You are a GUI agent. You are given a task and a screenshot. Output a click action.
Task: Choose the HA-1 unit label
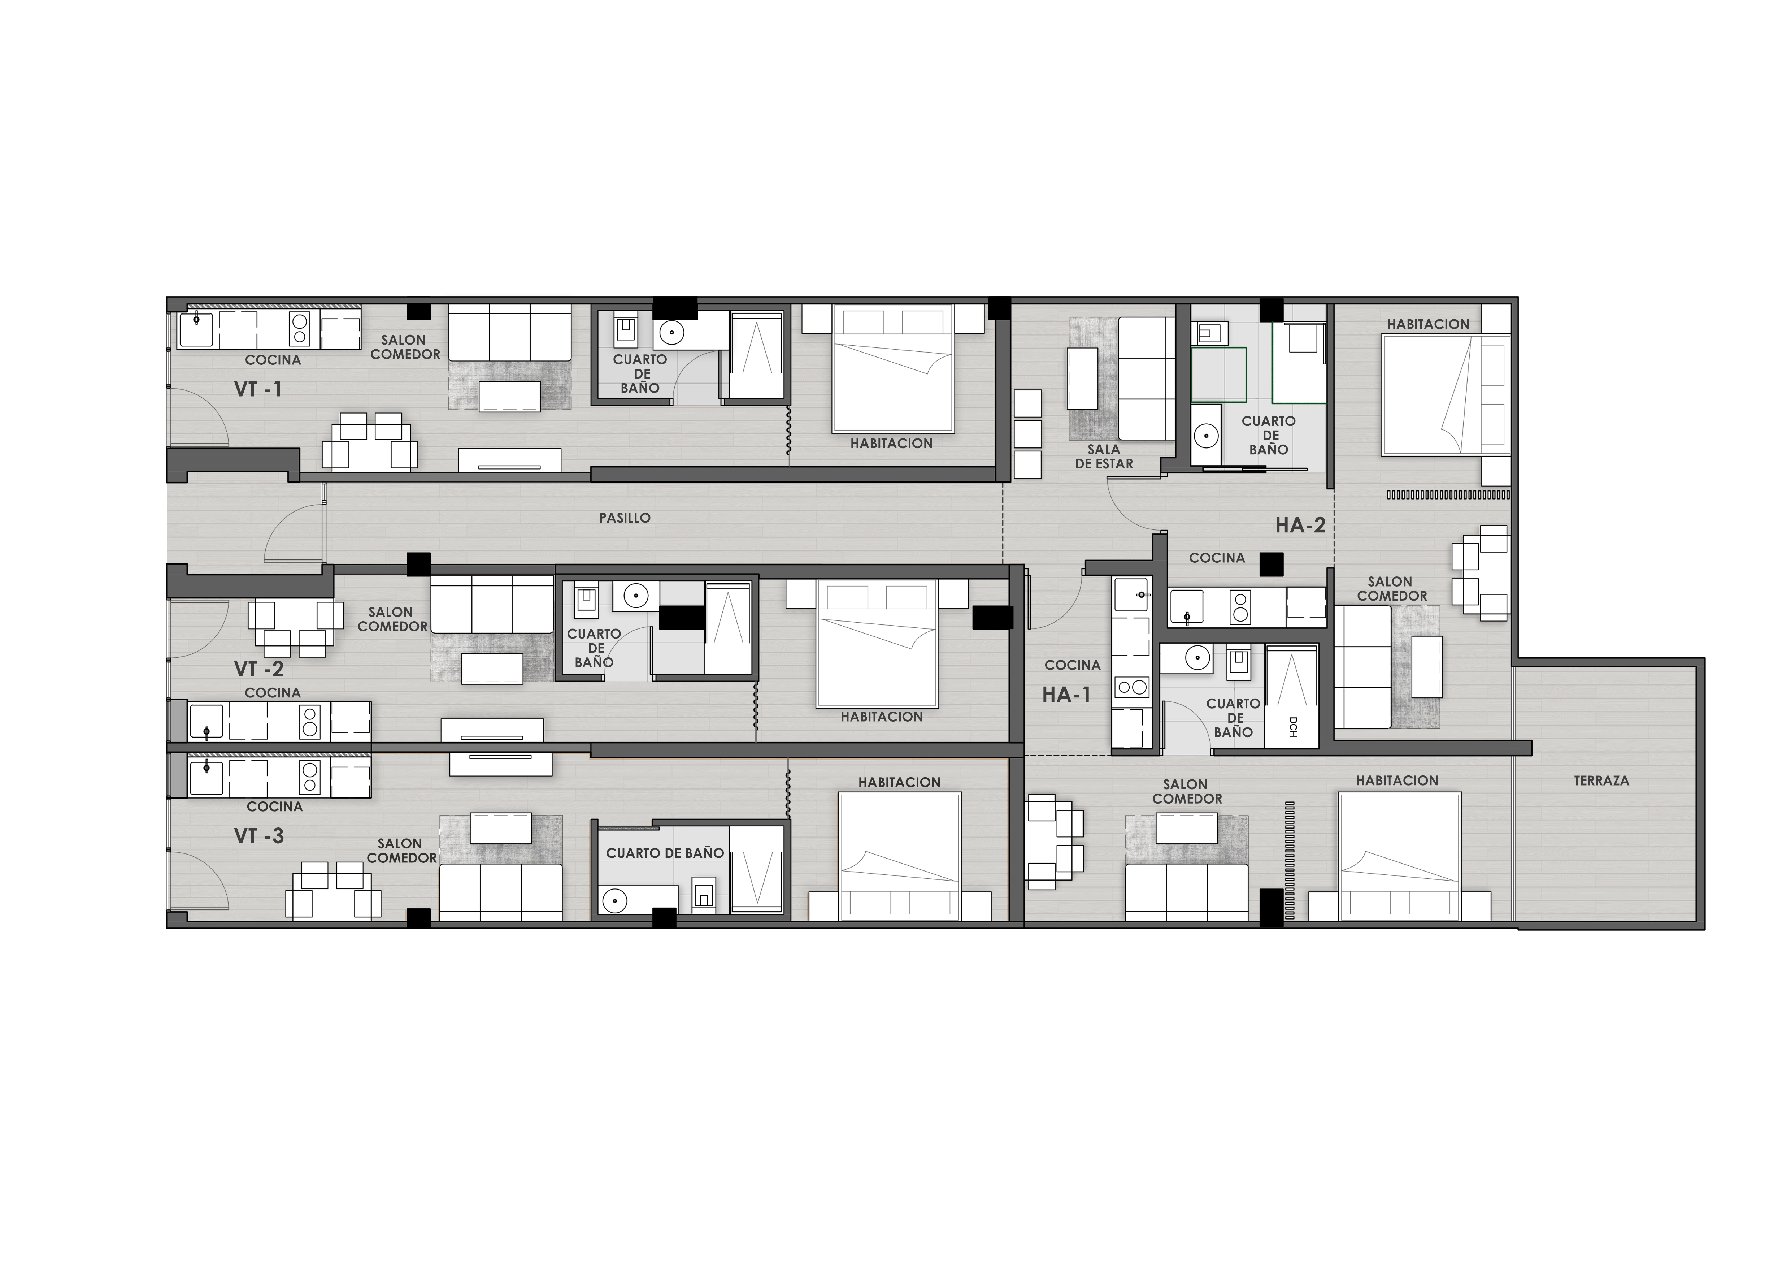click(x=1066, y=694)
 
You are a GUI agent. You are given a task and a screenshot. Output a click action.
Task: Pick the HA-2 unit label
click(x=1300, y=525)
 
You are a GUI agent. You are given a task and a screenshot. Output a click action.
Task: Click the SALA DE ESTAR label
click(x=1104, y=457)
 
